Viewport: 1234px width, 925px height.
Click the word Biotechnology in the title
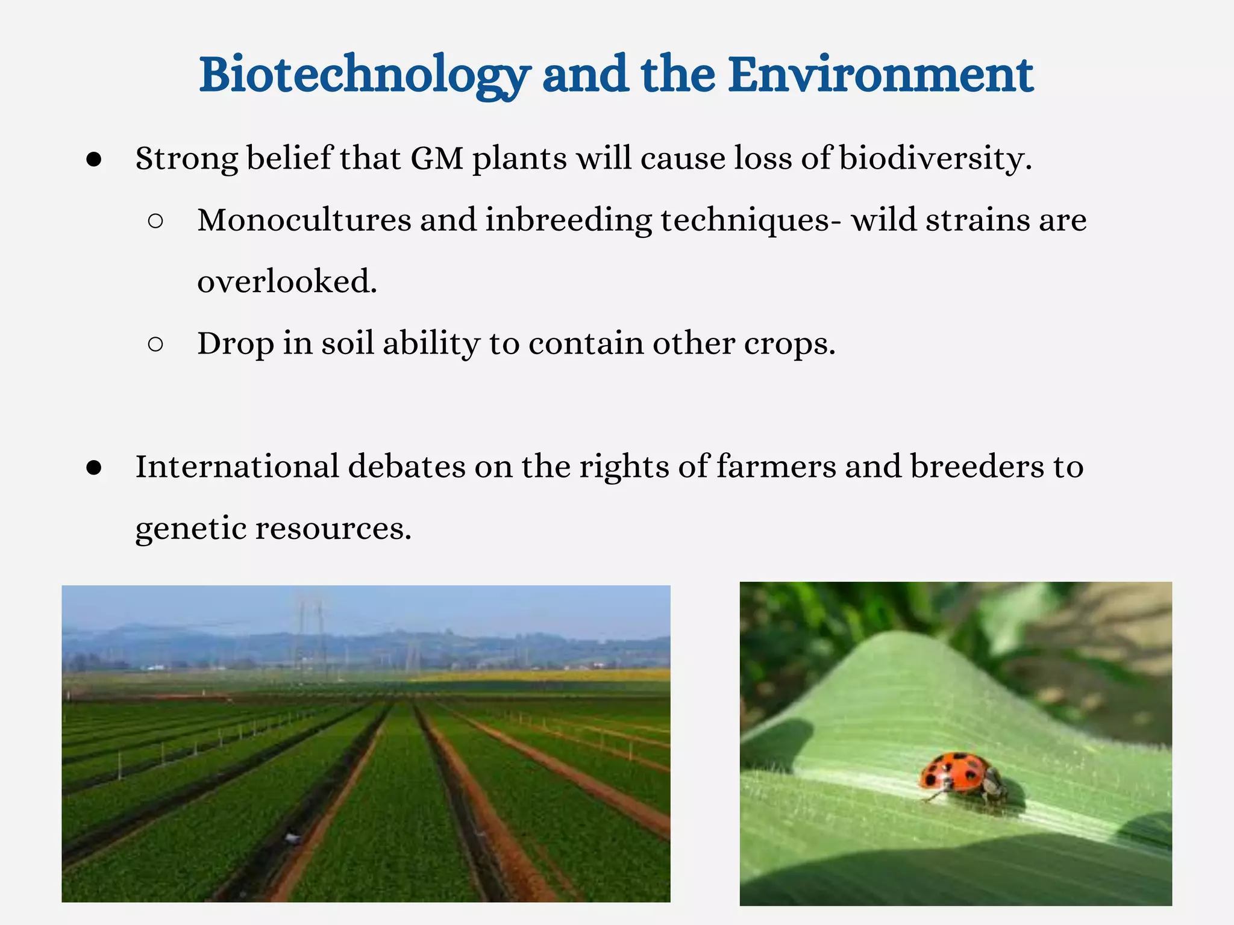click(364, 75)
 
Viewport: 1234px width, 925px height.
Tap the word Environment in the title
click(880, 75)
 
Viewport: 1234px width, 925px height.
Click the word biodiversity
click(935, 159)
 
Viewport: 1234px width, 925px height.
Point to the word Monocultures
click(304, 220)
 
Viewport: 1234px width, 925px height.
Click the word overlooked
click(287, 282)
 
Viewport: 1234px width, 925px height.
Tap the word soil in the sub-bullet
click(348, 343)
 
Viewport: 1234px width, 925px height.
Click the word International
click(237, 467)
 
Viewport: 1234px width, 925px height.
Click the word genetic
click(190, 529)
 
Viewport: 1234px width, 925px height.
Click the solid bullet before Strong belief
click(94, 160)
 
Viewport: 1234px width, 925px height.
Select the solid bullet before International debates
click(94, 469)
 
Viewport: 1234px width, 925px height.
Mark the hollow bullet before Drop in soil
click(155, 344)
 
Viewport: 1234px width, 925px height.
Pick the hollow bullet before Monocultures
click(155, 221)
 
